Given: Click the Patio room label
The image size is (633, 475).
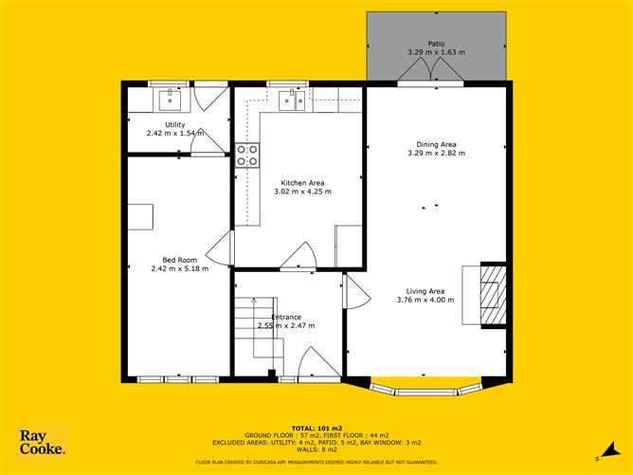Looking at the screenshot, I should pos(436,44).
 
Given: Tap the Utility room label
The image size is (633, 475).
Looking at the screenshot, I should pos(175,124).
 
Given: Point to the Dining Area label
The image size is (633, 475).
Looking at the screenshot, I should pos(436,144).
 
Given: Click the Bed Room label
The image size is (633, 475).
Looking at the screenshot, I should pos(179,260).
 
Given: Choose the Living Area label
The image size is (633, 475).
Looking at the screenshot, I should pos(425,291).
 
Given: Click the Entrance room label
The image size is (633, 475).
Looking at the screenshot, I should pos(286,317).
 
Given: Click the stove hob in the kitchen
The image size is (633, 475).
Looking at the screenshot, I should pos(247,155).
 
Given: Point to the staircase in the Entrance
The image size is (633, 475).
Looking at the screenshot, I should pos(256,337).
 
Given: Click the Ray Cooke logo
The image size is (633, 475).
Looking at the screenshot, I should pos(43,443).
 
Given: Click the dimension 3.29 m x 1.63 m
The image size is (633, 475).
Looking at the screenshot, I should pos(436,52).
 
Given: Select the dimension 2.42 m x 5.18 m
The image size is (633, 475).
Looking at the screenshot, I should pos(179,268).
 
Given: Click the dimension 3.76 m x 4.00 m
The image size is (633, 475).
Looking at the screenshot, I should pos(425,300).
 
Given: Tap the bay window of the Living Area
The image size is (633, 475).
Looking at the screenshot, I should pos(426,389).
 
